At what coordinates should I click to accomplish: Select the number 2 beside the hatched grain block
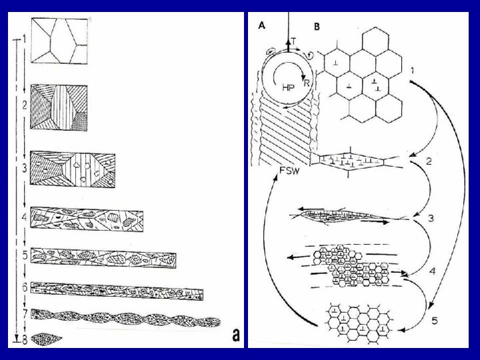(x=24, y=105)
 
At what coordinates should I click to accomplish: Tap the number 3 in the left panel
(x=24, y=168)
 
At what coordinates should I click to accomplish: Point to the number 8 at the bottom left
(x=25, y=340)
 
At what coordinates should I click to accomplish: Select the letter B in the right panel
(x=317, y=27)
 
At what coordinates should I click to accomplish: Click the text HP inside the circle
(x=289, y=87)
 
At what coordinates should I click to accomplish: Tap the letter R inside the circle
(x=306, y=83)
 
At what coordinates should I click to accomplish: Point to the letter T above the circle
(x=293, y=42)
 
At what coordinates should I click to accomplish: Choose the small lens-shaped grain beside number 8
(x=47, y=339)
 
